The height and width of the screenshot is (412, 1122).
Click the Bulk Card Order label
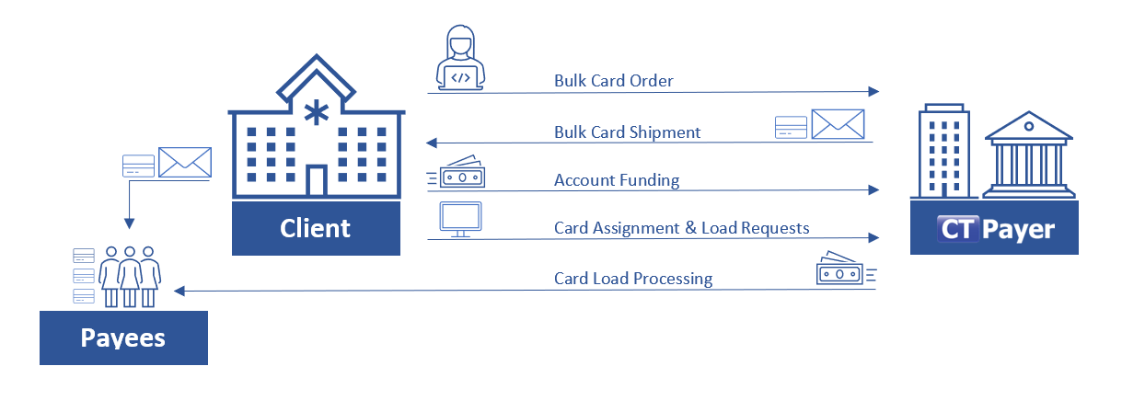(613, 81)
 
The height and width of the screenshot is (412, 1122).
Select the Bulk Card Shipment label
(627, 132)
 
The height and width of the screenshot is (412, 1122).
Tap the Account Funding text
(616, 180)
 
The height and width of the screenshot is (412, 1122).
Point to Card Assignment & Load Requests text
(681, 227)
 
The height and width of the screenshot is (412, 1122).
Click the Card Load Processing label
(632, 278)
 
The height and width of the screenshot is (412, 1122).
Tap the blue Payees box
(123, 338)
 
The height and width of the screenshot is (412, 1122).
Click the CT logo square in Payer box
(956, 228)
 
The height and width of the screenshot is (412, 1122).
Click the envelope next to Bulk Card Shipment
(837, 124)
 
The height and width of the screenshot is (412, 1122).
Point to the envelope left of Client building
(185, 163)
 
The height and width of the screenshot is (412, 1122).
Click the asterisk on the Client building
(316, 113)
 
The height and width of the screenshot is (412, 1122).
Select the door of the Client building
(316, 181)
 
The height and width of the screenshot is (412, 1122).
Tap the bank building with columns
(1029, 156)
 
